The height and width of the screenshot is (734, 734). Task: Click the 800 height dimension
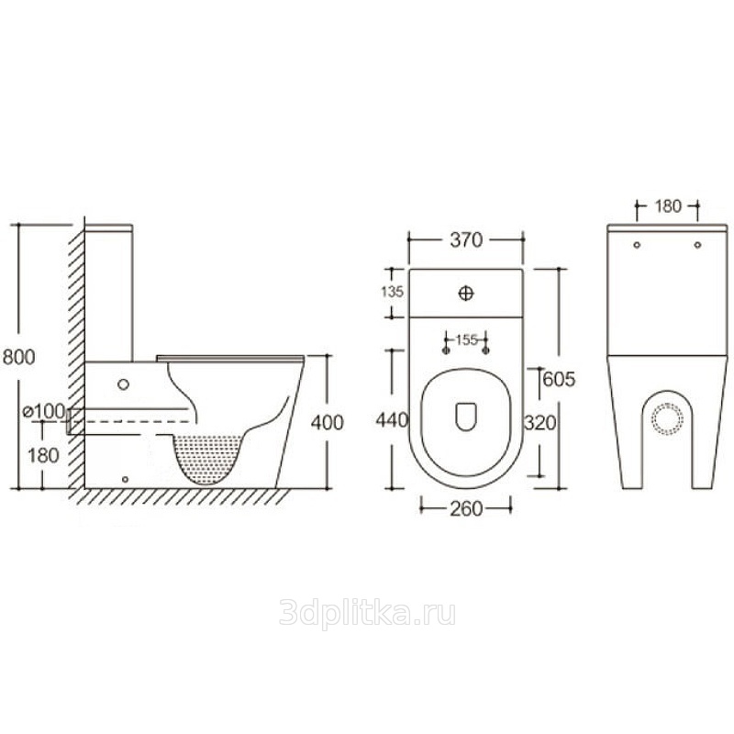pos(18,357)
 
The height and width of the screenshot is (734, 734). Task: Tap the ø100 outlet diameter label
pos(44,411)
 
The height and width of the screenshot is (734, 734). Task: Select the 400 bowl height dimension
pos(328,422)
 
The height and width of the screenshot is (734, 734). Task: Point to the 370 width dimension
pos(466,239)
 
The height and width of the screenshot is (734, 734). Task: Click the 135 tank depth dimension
pos(393,292)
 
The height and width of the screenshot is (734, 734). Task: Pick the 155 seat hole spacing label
pos(466,339)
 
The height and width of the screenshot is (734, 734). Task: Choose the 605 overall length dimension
pos(559,379)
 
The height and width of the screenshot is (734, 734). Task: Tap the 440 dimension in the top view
pos(393,420)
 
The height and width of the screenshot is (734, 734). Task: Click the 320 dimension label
pos(539,423)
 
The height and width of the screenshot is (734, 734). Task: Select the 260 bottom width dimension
pos(466,509)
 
